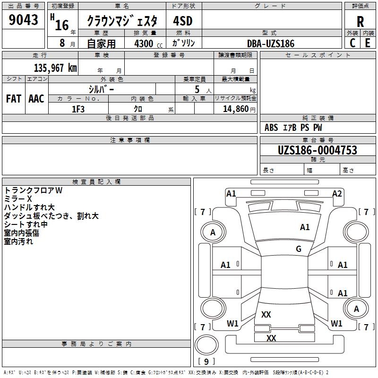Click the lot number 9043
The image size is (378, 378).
click(24, 20)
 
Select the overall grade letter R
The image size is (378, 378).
click(360, 21)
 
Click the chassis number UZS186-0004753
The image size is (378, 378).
click(317, 150)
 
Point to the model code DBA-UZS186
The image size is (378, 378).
click(271, 43)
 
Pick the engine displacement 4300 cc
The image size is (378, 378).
click(145, 43)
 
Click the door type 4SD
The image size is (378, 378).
click(183, 21)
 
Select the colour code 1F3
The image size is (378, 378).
click(78, 109)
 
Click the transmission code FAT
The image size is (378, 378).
click(13, 99)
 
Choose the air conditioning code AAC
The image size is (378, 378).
click(36, 99)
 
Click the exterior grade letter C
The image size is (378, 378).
click(352, 43)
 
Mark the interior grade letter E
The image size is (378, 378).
click(368, 43)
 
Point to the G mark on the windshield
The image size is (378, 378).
click(299, 249)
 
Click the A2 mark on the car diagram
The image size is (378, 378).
click(337, 194)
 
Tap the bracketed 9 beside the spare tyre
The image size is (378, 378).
click(206, 361)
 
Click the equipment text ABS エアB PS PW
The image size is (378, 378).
click(293, 128)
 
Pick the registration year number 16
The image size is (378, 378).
click(62, 25)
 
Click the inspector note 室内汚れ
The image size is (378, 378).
click(18, 241)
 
